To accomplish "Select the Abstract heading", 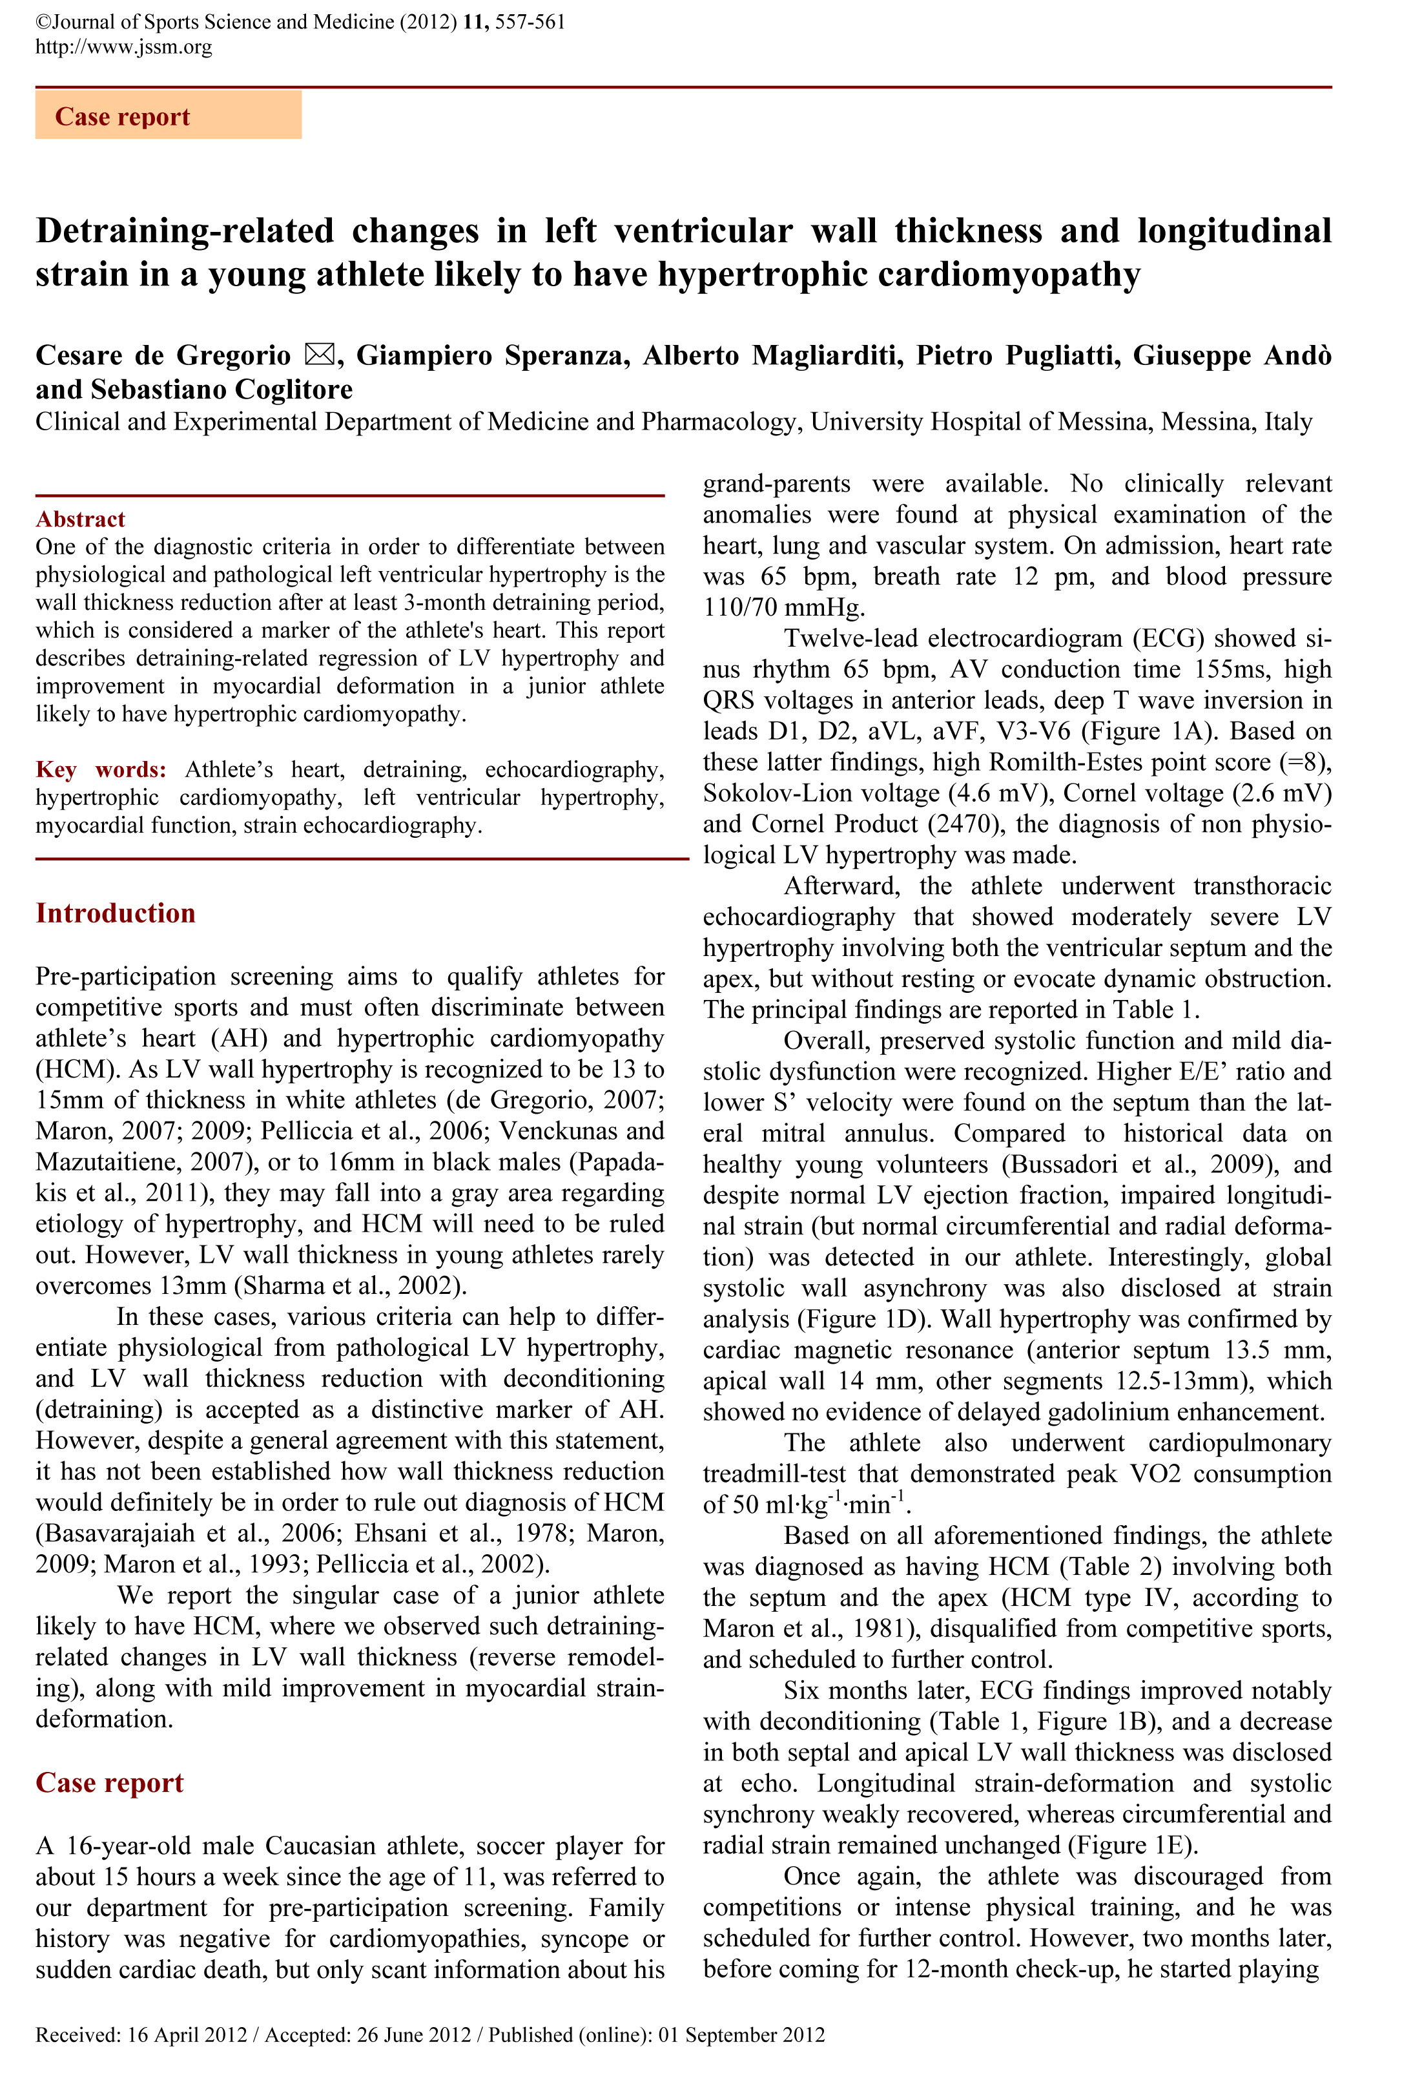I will pos(80,519).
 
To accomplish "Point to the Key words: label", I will pos(101,769).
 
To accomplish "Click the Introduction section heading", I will pos(116,913).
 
